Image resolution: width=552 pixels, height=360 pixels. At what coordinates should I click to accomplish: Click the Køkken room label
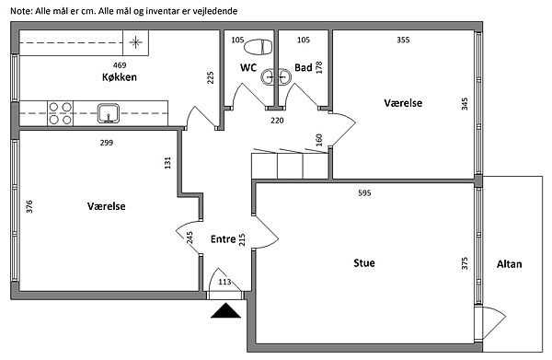120,77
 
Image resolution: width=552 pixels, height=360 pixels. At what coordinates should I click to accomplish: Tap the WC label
248,67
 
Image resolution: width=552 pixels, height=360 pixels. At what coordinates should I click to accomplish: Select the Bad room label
303,67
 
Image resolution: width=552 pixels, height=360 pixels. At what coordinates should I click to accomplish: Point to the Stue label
364,262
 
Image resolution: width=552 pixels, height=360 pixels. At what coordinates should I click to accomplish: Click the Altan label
509,264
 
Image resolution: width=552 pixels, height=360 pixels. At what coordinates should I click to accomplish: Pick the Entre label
224,239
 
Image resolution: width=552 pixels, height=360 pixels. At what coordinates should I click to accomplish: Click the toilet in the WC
258,47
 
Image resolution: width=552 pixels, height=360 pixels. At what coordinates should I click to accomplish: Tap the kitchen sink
109,113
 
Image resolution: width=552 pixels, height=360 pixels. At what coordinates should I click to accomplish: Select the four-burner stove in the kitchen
60,113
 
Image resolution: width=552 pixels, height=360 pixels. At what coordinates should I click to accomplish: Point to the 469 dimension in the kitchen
120,65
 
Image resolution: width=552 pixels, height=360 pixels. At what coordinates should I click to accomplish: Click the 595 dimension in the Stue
364,193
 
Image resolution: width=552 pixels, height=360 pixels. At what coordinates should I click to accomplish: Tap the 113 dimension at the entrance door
224,282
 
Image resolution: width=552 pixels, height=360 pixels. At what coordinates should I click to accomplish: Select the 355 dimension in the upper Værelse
403,40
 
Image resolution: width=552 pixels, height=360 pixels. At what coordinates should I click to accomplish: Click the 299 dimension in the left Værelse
107,143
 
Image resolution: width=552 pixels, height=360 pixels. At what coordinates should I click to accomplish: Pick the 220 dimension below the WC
277,121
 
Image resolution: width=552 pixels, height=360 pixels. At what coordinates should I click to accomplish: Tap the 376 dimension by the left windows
29,206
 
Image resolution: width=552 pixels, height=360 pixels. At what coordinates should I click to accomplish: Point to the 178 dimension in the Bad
319,67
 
